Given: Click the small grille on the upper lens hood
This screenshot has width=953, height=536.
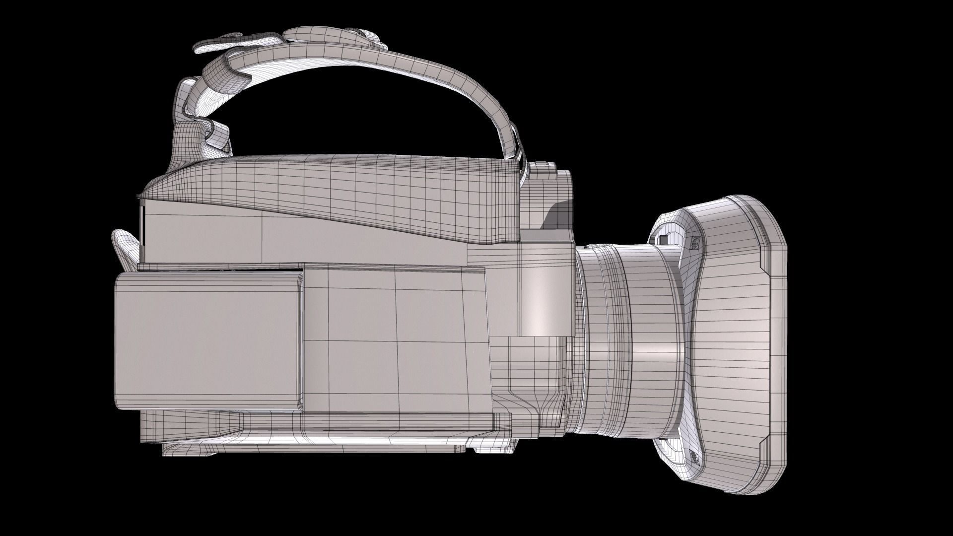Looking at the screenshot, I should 695,242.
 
